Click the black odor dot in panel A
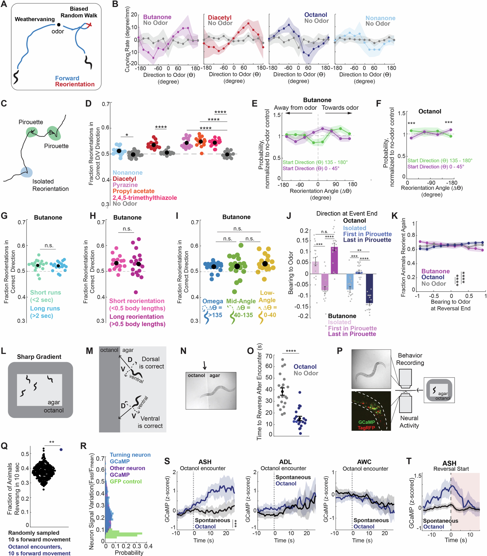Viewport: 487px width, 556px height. coord(59,25)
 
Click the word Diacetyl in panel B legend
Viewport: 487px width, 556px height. coord(220,18)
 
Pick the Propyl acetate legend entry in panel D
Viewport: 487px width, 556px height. coord(133,191)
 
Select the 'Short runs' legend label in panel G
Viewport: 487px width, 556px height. coord(45,292)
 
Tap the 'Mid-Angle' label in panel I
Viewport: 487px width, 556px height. coord(241,301)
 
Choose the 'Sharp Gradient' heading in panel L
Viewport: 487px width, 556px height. coord(39,357)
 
